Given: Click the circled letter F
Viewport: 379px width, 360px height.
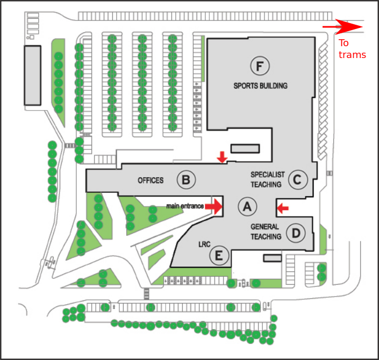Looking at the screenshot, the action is click(260, 66).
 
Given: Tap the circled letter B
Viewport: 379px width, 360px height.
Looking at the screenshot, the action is click(185, 179).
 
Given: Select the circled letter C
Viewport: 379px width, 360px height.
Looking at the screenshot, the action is click(297, 179).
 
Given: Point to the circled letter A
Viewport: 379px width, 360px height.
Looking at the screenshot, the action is click(247, 206).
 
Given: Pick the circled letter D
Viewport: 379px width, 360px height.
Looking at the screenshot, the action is click(296, 233).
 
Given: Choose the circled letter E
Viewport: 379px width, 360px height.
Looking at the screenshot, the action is click(218, 255).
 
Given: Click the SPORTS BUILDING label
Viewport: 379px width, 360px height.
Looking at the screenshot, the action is click(260, 85).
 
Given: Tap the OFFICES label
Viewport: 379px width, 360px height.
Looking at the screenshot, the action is click(151, 180).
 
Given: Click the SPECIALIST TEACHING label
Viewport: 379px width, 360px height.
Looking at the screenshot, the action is click(266, 179).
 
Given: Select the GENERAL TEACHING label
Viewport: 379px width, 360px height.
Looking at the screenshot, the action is click(266, 232).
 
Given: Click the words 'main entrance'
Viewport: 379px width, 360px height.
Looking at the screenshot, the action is click(185, 206).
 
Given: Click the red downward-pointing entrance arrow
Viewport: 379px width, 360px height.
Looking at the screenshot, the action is click(221, 157).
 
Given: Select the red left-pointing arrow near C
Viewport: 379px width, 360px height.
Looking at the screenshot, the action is click(282, 207).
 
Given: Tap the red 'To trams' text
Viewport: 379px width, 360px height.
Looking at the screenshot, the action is click(352, 49).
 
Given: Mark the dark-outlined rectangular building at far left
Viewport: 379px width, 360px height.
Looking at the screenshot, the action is click(32, 75).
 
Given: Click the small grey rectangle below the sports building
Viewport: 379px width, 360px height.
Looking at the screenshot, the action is click(245, 148).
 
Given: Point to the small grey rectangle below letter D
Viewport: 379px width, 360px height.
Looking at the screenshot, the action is click(272, 258).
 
